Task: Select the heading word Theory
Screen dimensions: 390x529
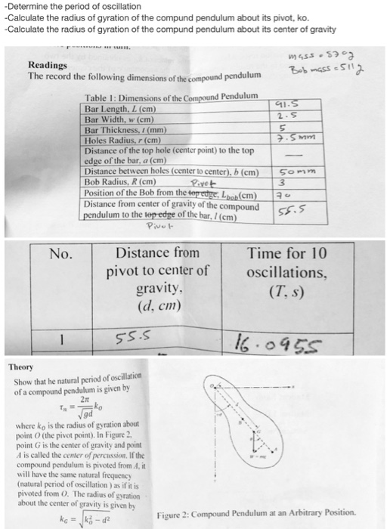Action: click(x=23, y=367)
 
